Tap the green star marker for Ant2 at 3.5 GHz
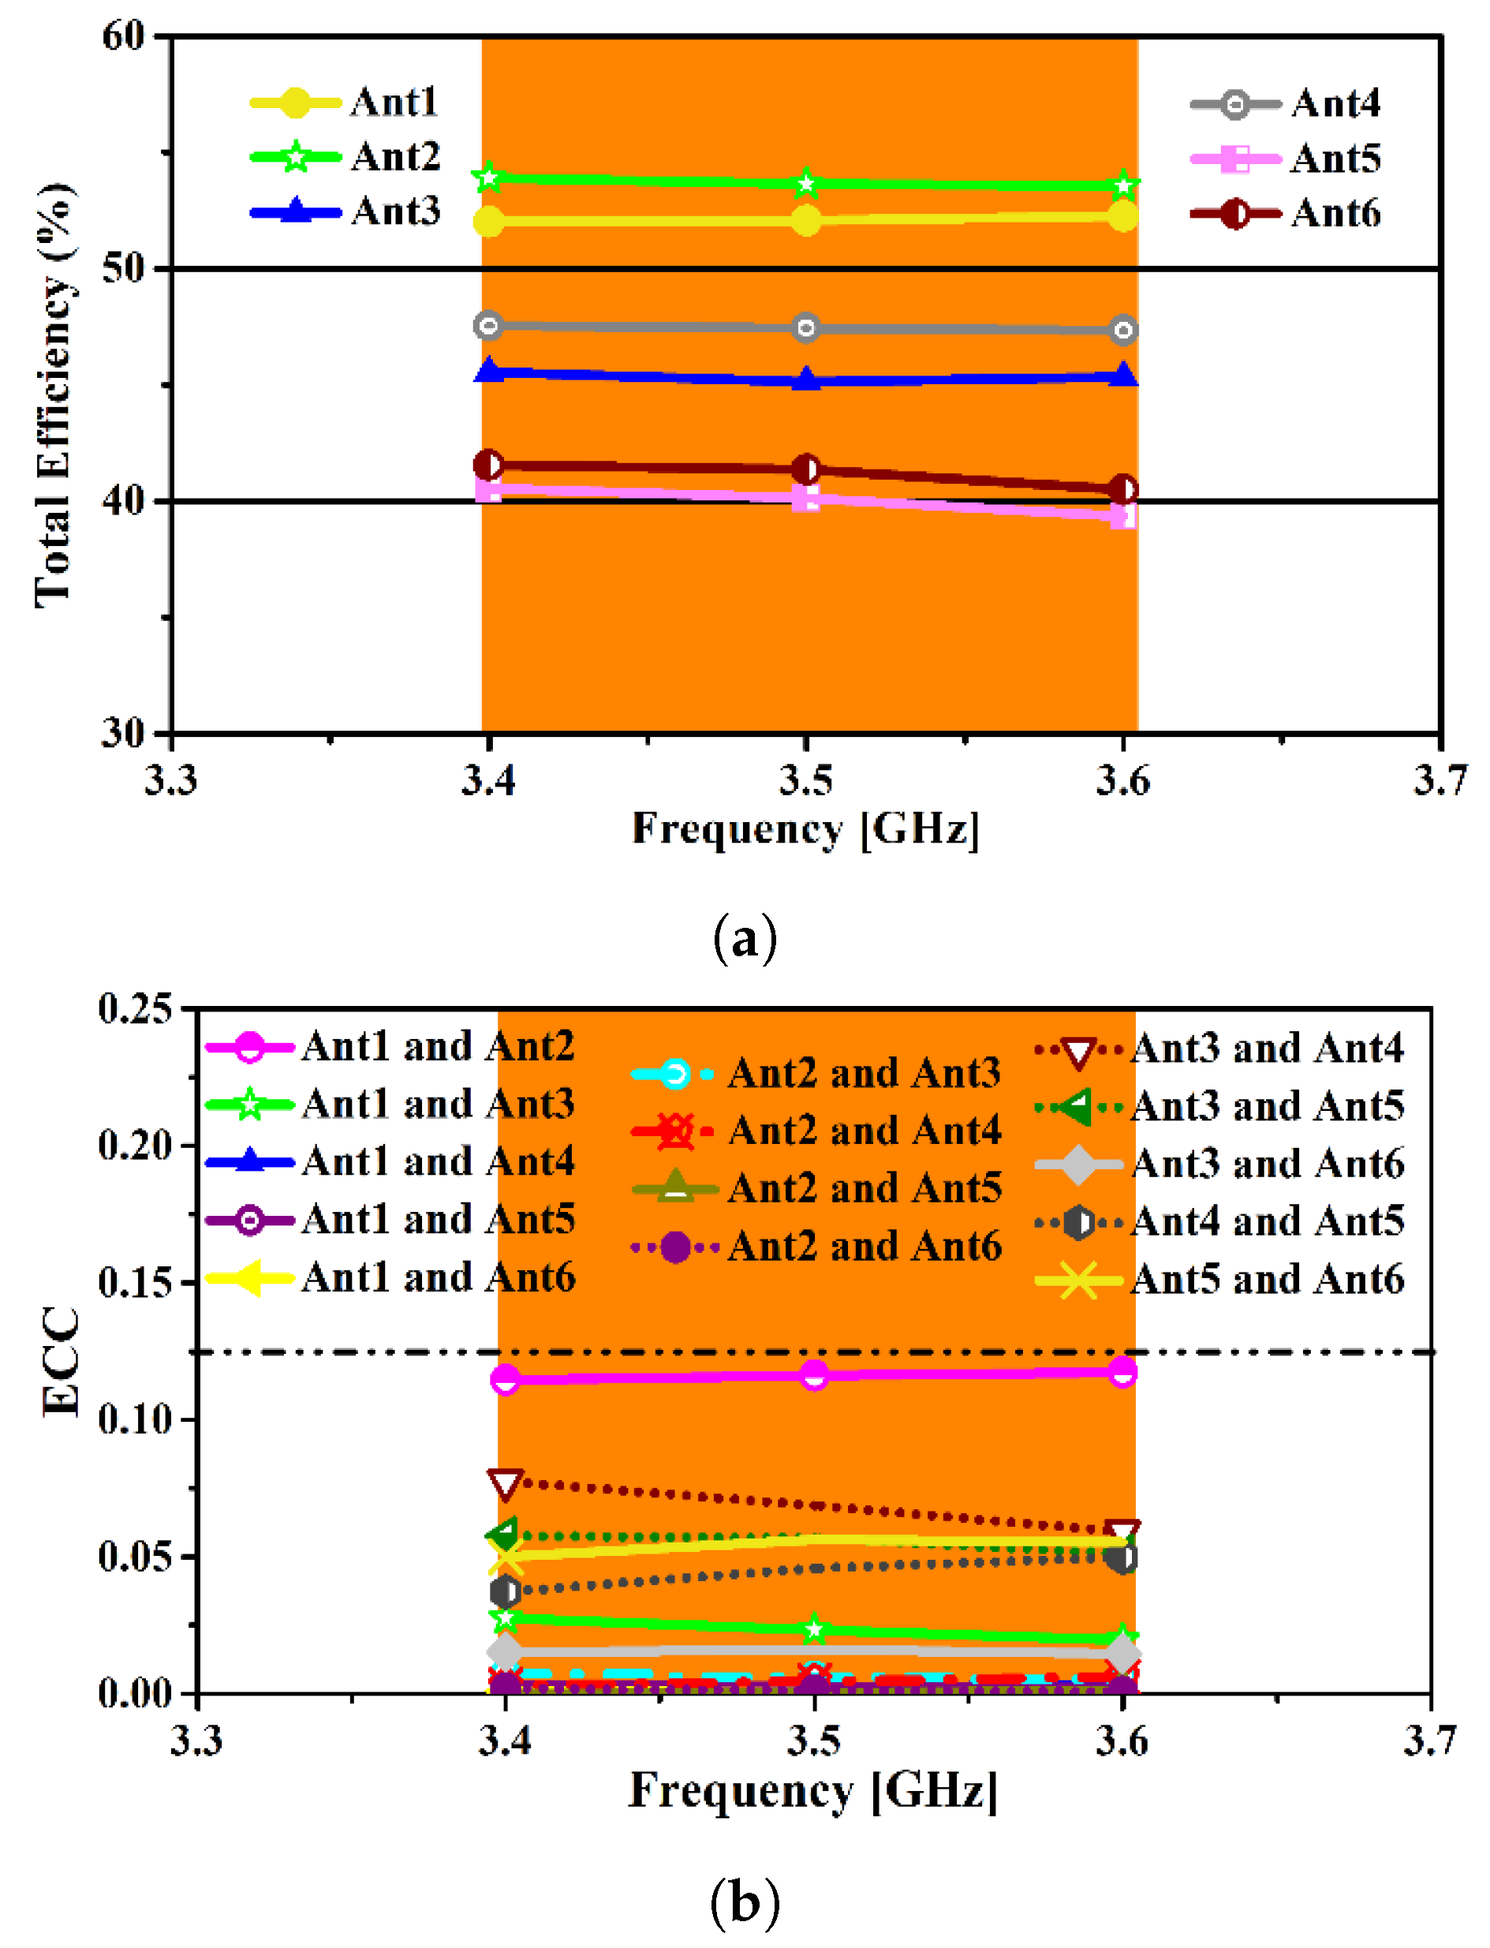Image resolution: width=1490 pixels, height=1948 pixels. (x=805, y=184)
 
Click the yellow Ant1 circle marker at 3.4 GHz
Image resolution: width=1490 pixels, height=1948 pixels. (x=489, y=221)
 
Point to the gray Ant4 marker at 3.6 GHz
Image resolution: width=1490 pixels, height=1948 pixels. (x=1122, y=330)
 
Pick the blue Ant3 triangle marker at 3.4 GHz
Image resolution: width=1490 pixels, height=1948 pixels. (x=489, y=370)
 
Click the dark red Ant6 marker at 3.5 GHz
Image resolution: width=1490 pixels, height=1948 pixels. (x=805, y=469)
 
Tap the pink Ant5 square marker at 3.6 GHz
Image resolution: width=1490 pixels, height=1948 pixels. (x=1122, y=515)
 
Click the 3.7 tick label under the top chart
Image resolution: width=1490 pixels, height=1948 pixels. (x=1440, y=780)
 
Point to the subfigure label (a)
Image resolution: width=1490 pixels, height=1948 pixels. (x=745, y=939)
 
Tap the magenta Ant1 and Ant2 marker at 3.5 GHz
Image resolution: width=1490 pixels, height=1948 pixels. (x=813, y=1375)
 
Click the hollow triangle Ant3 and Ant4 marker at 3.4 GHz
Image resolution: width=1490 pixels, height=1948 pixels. (x=505, y=1483)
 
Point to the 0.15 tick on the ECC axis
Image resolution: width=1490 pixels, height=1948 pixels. (x=135, y=1283)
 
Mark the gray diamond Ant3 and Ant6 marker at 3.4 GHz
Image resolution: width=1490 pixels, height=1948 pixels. (x=506, y=1651)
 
